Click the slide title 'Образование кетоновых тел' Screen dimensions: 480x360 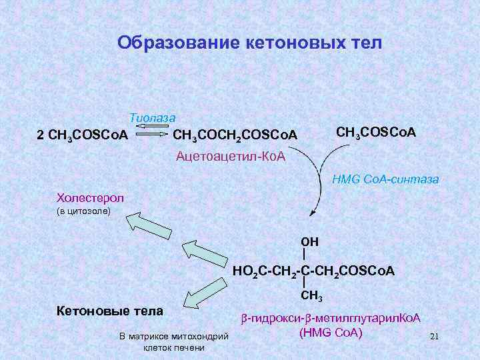[x=249, y=43]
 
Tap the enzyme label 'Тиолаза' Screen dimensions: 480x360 [x=152, y=117]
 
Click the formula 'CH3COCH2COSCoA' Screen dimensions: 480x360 [x=235, y=135]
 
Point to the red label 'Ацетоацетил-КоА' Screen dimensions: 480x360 [x=230, y=157]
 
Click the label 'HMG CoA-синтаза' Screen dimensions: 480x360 [x=385, y=179]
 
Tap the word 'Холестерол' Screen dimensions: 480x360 [x=91, y=197]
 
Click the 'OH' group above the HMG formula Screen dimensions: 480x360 [x=310, y=241]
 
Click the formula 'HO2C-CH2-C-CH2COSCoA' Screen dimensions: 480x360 [x=313, y=271]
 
